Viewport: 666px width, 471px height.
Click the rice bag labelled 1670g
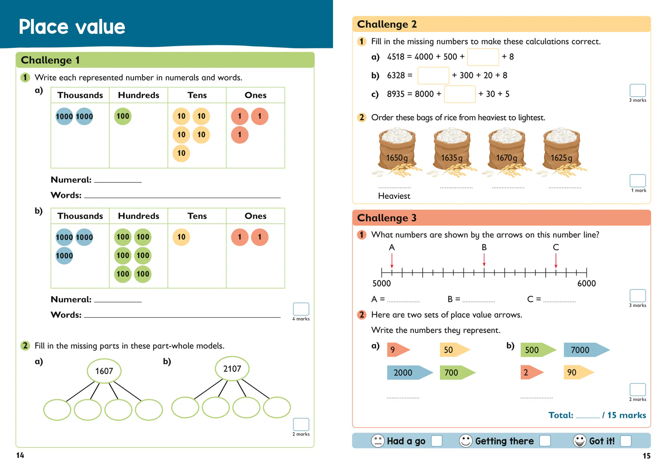coord(507,152)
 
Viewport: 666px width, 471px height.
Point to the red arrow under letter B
coord(484,260)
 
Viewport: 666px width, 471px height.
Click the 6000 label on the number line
coord(587,283)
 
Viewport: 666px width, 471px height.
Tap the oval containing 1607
coord(104,371)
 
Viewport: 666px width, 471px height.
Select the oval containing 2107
coord(232,369)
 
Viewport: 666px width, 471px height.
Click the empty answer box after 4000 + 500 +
coord(483,57)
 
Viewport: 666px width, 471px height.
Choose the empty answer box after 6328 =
coord(433,75)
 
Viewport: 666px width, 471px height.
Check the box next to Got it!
coord(626,441)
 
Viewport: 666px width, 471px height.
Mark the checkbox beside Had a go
coord(436,441)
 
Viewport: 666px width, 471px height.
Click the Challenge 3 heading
coord(387,218)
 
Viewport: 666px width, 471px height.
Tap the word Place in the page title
coord(44,27)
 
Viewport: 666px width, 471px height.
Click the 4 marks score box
coord(301,309)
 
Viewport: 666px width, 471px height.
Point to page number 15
coord(646,456)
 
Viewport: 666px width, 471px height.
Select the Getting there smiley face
coord(466,441)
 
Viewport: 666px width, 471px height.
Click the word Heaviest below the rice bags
coord(394,196)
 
